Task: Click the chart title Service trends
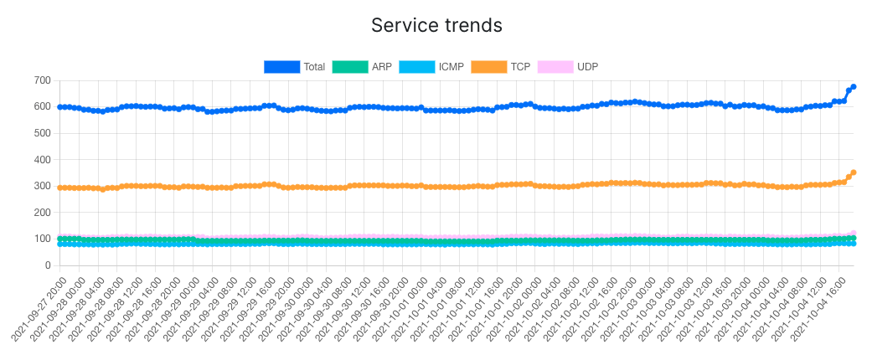point(436,25)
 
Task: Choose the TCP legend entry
point(500,67)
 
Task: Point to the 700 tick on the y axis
point(42,80)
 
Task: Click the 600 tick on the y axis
point(42,107)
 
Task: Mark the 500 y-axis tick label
point(42,133)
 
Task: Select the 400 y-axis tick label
point(42,160)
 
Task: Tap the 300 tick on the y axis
point(42,186)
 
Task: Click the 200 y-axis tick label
point(42,213)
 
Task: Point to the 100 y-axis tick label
point(42,239)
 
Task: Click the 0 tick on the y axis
point(47,265)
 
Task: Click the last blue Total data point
point(854,86)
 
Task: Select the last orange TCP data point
point(854,172)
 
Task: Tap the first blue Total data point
point(59,107)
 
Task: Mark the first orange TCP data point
point(59,188)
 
